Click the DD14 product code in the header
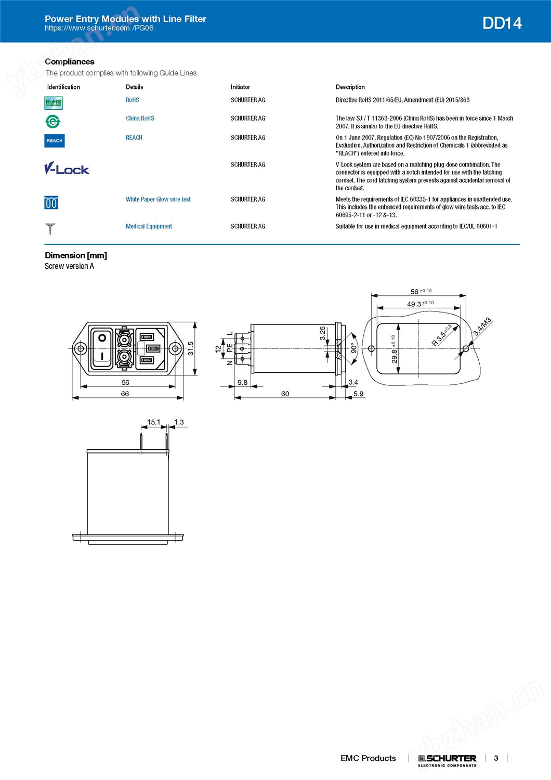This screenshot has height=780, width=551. (x=502, y=23)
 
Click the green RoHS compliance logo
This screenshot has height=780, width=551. (x=54, y=103)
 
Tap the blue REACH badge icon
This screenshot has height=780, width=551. (x=55, y=140)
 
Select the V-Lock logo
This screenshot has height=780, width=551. (x=67, y=168)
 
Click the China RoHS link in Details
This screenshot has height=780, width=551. (x=140, y=119)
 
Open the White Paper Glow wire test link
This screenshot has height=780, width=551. (x=158, y=199)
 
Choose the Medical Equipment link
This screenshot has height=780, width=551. (x=149, y=226)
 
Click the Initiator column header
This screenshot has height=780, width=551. (x=240, y=87)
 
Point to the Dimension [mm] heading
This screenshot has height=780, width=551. (x=76, y=255)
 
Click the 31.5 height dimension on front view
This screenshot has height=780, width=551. (x=190, y=348)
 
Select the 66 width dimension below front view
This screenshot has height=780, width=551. (x=125, y=394)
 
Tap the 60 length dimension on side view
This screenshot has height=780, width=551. (x=285, y=394)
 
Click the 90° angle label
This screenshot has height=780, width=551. (x=353, y=348)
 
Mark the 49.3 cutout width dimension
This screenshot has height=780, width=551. (x=414, y=304)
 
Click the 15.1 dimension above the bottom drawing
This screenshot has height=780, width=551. (x=153, y=422)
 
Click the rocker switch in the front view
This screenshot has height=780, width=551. (x=102, y=347)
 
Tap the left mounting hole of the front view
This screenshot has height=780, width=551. (x=81, y=348)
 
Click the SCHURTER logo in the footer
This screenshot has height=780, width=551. (x=447, y=759)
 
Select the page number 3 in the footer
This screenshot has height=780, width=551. (x=496, y=758)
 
